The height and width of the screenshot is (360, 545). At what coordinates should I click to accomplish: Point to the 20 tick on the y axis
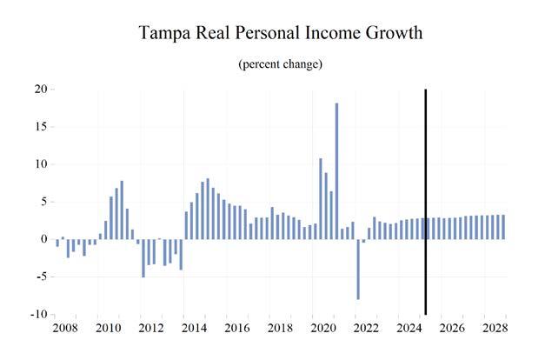tap(40, 89)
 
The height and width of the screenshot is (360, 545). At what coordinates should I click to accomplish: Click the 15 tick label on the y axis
tap(40, 127)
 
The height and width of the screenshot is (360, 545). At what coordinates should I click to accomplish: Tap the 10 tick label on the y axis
tap(40, 164)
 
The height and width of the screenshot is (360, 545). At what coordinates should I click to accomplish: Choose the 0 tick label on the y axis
tap(43, 239)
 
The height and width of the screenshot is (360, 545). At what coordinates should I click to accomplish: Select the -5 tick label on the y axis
tap(41, 277)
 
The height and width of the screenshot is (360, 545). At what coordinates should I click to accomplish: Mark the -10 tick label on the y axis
tap(38, 315)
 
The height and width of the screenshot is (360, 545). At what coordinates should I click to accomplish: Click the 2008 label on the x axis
tap(65, 329)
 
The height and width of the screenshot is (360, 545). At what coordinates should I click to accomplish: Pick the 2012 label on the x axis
tap(150, 329)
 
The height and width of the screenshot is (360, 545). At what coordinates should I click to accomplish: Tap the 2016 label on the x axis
tap(236, 329)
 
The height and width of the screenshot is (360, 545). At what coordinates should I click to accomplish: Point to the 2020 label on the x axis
tap(321, 329)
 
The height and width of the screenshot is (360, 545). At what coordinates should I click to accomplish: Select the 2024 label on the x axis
tap(407, 329)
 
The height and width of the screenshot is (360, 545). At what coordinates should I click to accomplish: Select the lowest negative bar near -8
tap(357, 269)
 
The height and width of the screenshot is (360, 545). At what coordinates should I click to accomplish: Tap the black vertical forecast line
tap(426, 200)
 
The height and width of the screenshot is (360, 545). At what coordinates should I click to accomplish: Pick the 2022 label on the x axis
tap(364, 329)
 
